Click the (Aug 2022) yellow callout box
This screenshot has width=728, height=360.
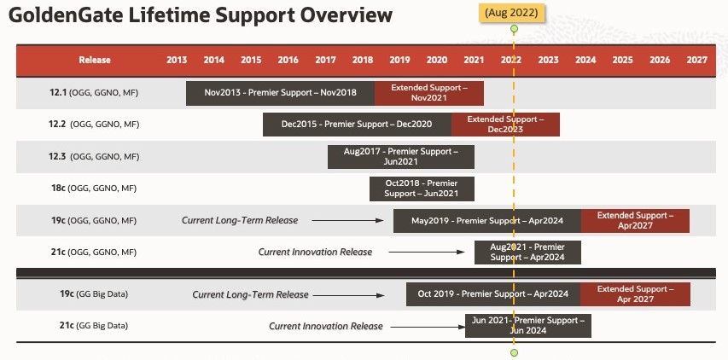[x=511, y=13]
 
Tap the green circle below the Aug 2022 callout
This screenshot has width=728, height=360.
[x=514, y=29]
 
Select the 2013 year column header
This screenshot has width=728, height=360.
[x=177, y=60]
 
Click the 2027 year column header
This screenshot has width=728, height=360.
[x=697, y=60]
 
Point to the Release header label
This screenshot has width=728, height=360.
[x=95, y=60]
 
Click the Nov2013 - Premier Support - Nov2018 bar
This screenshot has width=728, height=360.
[x=281, y=93]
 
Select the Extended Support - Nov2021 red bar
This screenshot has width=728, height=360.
[x=429, y=93]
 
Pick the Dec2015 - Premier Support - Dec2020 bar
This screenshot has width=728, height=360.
[x=357, y=125]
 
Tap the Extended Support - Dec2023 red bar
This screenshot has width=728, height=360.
[x=505, y=125]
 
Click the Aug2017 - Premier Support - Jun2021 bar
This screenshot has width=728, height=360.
[x=401, y=157]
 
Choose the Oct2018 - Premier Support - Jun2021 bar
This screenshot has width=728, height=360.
[x=422, y=189]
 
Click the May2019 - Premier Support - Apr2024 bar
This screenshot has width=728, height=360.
[x=487, y=221]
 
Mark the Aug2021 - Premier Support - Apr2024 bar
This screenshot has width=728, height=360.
[x=528, y=253]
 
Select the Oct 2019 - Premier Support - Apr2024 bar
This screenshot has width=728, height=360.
[x=493, y=294]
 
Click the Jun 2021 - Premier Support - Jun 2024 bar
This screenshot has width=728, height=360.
[x=528, y=326]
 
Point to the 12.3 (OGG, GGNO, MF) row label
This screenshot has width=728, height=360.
[x=94, y=157]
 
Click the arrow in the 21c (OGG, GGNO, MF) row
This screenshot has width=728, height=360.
[x=427, y=253]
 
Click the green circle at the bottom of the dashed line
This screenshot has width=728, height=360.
[x=514, y=353]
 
